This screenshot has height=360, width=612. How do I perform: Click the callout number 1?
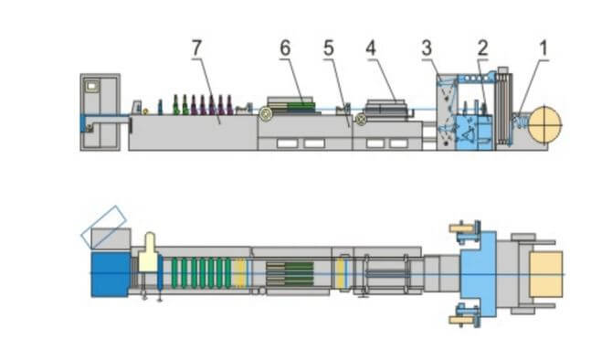pos(543,48)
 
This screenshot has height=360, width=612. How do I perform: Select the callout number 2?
pos(483,48)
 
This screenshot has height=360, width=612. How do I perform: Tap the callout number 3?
pos(427,48)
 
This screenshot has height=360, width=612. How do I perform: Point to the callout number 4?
pos(371,48)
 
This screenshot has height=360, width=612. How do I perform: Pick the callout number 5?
pos(329,48)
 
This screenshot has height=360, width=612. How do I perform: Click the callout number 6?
pos(285,48)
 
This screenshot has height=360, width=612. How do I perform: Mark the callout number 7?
pos(196,48)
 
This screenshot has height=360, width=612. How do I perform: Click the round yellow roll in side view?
pos(544,125)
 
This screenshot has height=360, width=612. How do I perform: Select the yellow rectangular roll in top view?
pos(546,274)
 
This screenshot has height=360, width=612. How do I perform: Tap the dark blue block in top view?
pos(110,274)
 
